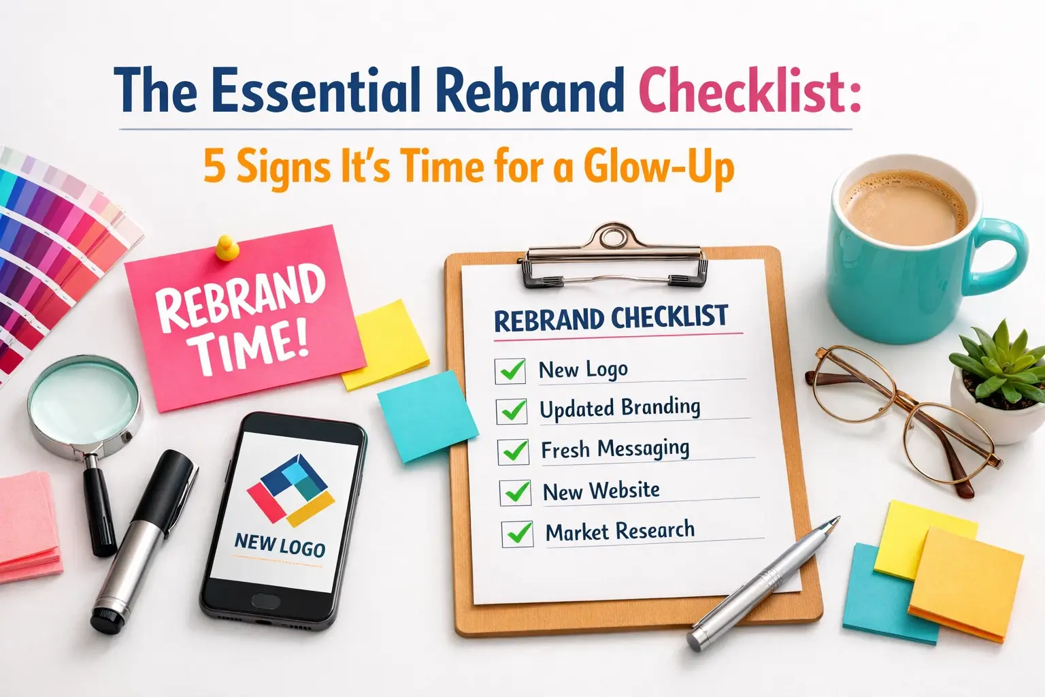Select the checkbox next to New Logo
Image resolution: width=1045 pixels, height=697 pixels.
click(510, 371)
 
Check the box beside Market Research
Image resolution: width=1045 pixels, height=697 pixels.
click(518, 534)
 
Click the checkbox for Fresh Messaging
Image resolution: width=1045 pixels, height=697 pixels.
click(514, 451)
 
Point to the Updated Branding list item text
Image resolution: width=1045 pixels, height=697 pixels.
click(619, 408)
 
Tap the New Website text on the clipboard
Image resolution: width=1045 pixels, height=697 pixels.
click(601, 491)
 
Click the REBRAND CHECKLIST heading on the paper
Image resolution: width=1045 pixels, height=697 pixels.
click(610, 319)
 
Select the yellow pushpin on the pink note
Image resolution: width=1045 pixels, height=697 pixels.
click(227, 248)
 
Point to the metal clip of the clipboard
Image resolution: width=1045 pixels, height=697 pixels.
click(612, 256)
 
